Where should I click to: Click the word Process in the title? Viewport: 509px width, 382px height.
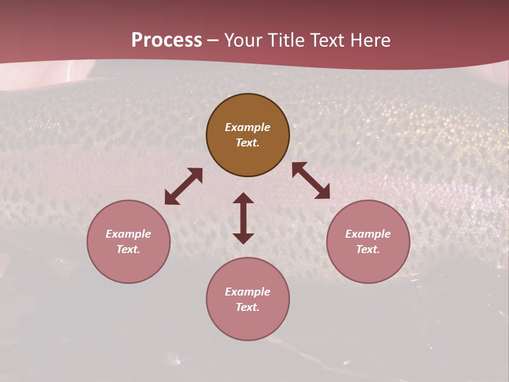point(166,40)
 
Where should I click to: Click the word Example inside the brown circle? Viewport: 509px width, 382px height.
point(248,127)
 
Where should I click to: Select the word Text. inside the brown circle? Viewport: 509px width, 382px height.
point(248,143)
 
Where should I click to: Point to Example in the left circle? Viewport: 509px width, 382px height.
point(128,234)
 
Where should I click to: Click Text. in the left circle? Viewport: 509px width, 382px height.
point(128,249)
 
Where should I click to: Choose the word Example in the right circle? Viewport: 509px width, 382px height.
point(368,234)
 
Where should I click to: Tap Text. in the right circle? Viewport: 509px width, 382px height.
point(368,249)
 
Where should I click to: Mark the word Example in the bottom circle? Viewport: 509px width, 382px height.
point(248,292)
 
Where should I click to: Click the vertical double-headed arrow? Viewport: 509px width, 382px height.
point(243,218)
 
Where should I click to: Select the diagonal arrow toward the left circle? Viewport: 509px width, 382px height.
point(183,186)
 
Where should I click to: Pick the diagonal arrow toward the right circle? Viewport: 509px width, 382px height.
point(311,181)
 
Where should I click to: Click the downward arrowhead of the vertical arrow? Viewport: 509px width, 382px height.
point(243,238)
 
